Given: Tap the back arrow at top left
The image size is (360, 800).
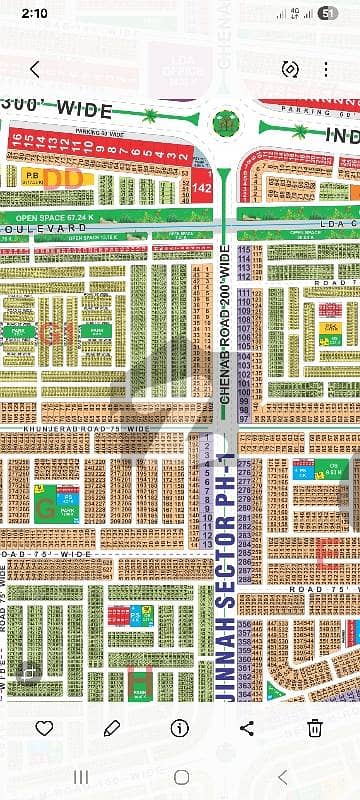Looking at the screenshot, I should click(x=35, y=69).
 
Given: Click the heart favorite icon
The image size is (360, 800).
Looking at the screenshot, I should click(x=44, y=728).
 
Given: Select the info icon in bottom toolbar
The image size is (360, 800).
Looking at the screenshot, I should click(x=180, y=728).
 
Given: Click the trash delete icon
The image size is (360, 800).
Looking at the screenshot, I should click(x=315, y=728).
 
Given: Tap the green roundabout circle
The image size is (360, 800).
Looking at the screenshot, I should click(x=225, y=124).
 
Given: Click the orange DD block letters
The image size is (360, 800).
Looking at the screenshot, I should click(x=64, y=178).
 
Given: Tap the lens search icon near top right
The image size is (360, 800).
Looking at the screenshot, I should click(x=290, y=69).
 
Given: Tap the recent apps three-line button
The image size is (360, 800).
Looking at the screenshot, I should click(x=81, y=777).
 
